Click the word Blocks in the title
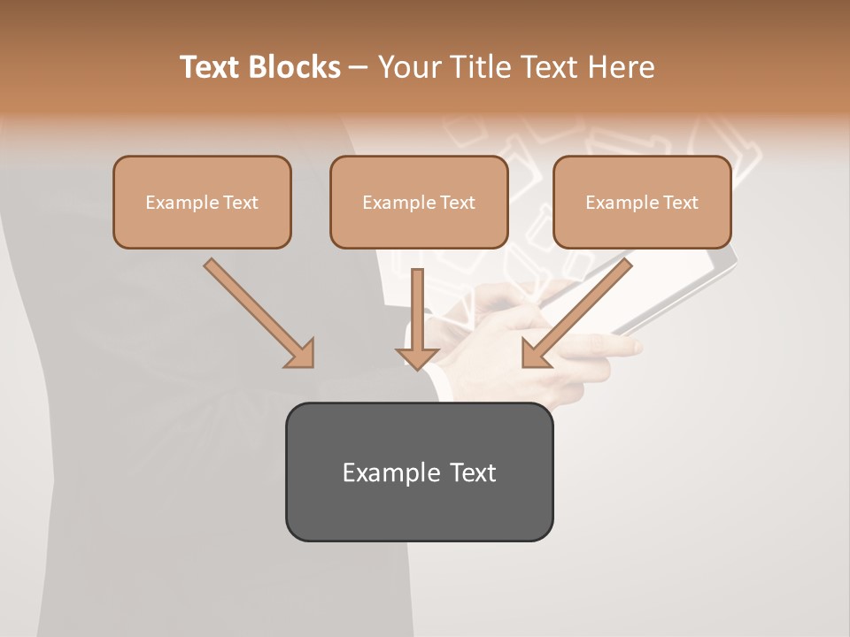coord(296,67)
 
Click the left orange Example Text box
coord(202,203)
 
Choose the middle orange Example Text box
coord(419,203)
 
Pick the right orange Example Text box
coord(642,203)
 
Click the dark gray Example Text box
coord(419,472)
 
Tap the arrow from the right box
coord(580,310)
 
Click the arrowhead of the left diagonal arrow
coord(302,355)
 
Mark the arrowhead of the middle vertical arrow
coord(417,357)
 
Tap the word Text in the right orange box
coord(680,203)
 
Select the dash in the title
coord(359,68)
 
